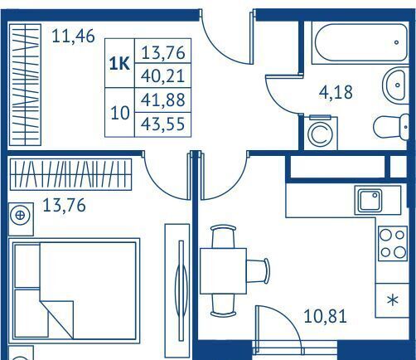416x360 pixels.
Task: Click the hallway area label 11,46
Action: (x=73, y=36)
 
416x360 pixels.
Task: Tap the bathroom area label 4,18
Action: (x=336, y=92)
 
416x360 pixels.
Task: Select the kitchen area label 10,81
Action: (x=325, y=316)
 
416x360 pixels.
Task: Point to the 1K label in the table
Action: (x=119, y=64)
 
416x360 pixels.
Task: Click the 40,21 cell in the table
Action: (x=162, y=75)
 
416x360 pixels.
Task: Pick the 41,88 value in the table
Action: (x=162, y=100)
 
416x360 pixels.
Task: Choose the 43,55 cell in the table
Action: (x=162, y=124)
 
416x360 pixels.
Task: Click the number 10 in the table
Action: (x=120, y=113)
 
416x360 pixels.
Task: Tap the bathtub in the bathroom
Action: (x=360, y=42)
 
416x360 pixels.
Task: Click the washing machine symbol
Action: (x=321, y=134)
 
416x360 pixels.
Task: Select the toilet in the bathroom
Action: (x=391, y=127)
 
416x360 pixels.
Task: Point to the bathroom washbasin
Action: (x=396, y=85)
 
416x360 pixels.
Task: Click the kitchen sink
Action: (x=370, y=201)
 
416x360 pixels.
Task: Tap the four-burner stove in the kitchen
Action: (x=393, y=243)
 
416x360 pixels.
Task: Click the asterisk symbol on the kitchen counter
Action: (x=393, y=300)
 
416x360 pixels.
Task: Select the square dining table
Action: (x=223, y=270)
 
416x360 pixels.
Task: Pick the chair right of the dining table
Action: (x=258, y=271)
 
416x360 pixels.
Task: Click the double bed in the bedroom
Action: (x=75, y=291)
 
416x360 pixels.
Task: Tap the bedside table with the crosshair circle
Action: (x=21, y=219)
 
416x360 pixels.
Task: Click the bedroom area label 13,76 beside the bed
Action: (x=64, y=206)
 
